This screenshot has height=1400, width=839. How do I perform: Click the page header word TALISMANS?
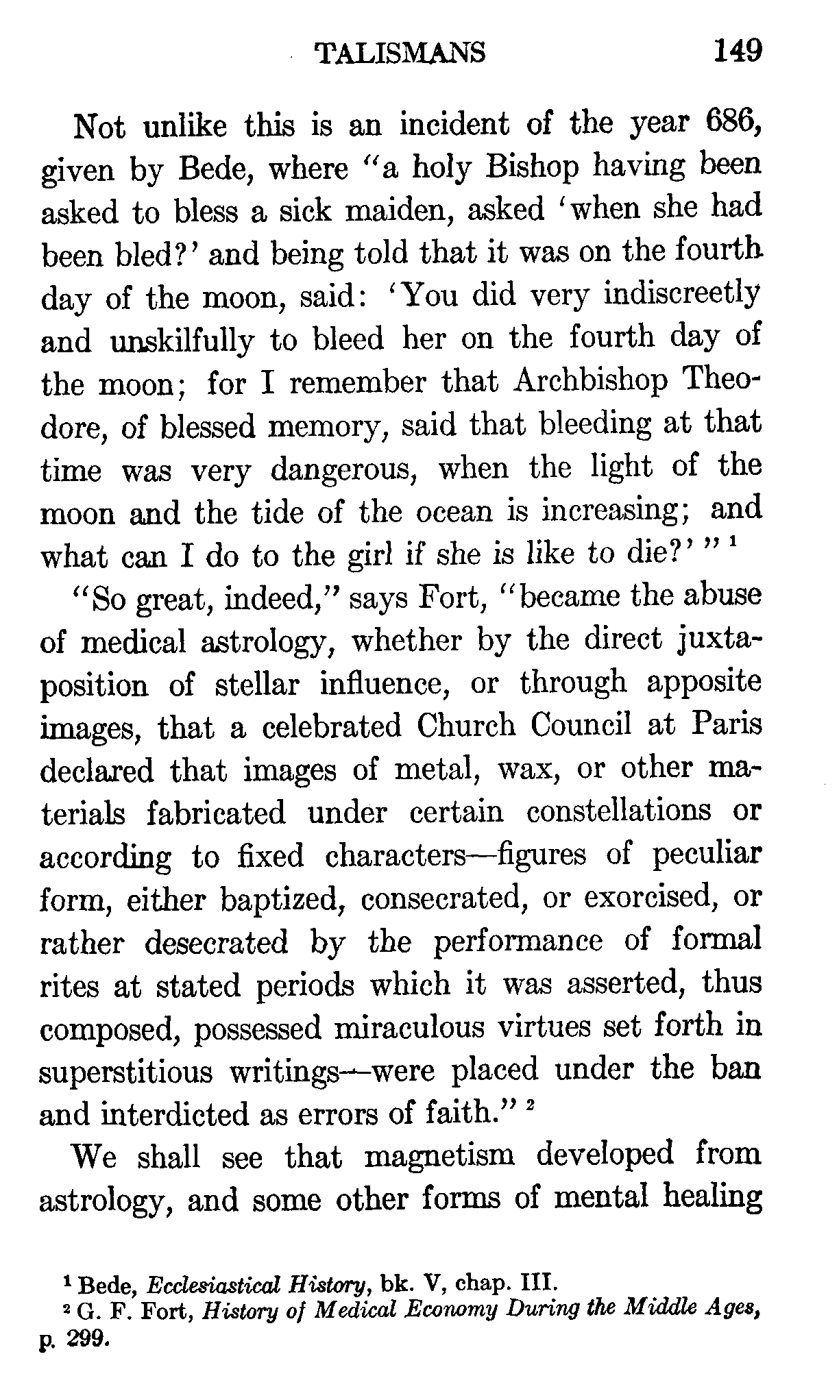tap(399, 52)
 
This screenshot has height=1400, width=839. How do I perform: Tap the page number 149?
tap(736, 51)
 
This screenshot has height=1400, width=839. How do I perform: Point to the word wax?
tap(525, 769)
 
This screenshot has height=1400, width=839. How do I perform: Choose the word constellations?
tap(619, 812)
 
